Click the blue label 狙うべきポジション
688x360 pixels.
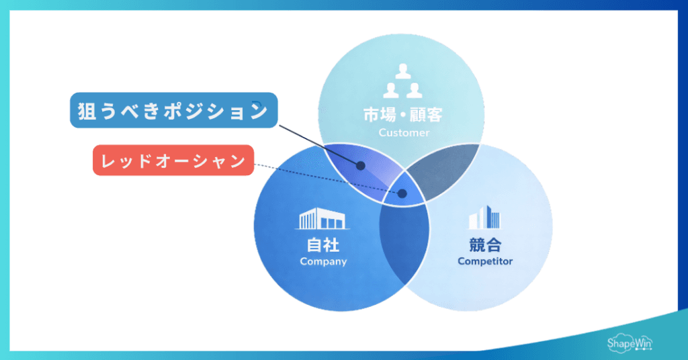click(173, 111)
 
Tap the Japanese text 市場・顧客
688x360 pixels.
click(402, 115)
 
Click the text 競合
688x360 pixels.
click(485, 245)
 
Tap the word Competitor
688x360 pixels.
click(485, 261)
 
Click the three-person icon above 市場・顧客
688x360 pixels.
click(402, 81)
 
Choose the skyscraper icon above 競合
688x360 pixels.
click(484, 219)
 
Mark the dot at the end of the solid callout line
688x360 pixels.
click(361, 165)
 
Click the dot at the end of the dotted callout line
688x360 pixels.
click(402, 193)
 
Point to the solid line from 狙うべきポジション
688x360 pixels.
click(316, 144)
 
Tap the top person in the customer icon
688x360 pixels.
click(402, 70)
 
